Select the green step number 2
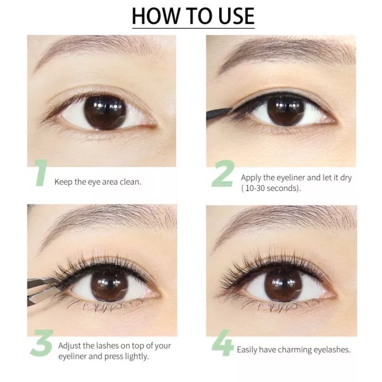(222, 174)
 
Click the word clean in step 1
(130, 182)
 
